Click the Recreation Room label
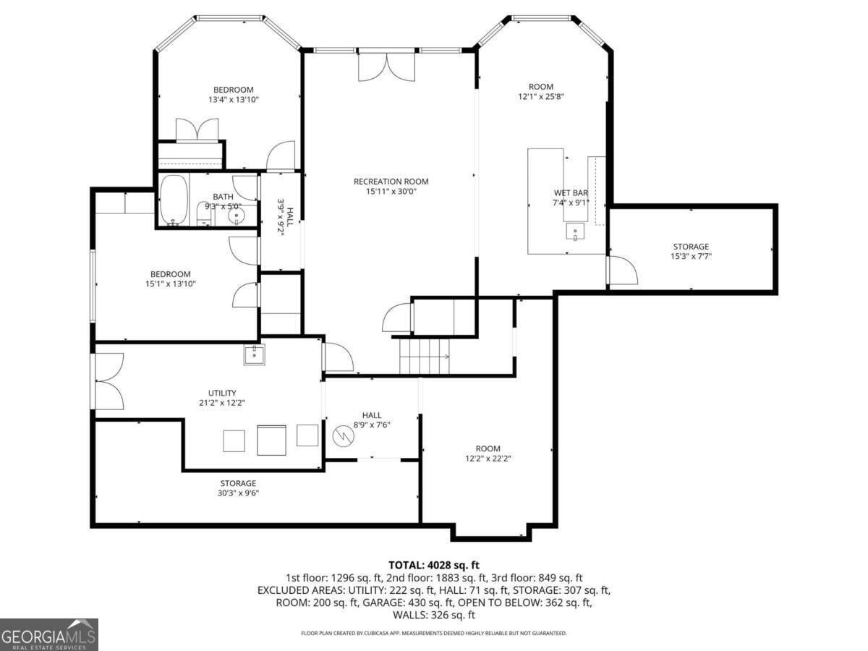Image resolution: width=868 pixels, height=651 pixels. pyautogui.click(x=391, y=182)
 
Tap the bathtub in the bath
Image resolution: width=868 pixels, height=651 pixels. pyautogui.click(x=173, y=200)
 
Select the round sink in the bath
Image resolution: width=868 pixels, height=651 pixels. pyautogui.click(x=237, y=216)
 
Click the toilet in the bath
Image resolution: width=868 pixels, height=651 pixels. pyautogui.click(x=205, y=214)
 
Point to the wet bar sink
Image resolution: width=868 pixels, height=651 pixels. pyautogui.click(x=574, y=231)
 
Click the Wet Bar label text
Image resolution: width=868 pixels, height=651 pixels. pyautogui.click(x=570, y=193)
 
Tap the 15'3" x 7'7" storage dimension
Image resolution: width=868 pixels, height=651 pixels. pyautogui.click(x=691, y=256)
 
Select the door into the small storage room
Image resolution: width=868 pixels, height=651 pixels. pyautogui.click(x=621, y=271)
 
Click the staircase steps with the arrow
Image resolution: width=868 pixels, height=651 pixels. pyautogui.click(x=425, y=357)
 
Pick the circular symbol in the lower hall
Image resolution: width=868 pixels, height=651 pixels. pyautogui.click(x=343, y=437)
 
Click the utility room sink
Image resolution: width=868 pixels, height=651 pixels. pyautogui.click(x=254, y=354)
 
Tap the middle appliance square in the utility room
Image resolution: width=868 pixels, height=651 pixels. pyautogui.click(x=271, y=440)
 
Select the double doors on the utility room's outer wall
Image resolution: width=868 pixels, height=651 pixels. pyautogui.click(x=109, y=381)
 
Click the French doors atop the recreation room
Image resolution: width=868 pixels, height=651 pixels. pyautogui.click(x=386, y=67)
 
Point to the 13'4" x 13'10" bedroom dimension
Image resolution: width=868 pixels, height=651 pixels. pyautogui.click(x=234, y=100)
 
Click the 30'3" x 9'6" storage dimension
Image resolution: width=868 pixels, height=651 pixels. pyautogui.click(x=238, y=493)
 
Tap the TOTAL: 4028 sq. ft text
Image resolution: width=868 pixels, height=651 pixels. pyautogui.click(x=434, y=565)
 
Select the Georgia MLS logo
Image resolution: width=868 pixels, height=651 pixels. pyautogui.click(x=48, y=634)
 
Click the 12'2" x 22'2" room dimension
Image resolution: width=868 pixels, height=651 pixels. pyautogui.click(x=488, y=459)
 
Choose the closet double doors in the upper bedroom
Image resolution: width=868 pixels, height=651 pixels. pyautogui.click(x=197, y=129)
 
